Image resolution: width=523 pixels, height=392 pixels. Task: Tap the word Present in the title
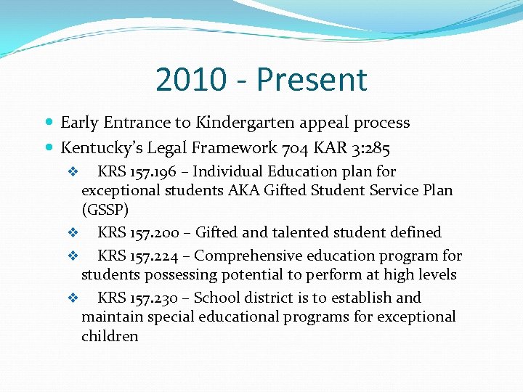point(315,80)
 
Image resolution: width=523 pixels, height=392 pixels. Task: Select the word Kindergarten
point(236,123)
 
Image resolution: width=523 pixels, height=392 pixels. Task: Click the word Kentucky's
point(102,149)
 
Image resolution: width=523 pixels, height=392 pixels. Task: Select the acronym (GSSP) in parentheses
point(105,210)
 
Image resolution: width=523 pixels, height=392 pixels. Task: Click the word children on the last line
point(110,336)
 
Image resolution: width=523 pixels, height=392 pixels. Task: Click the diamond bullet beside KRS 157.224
point(72,256)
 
